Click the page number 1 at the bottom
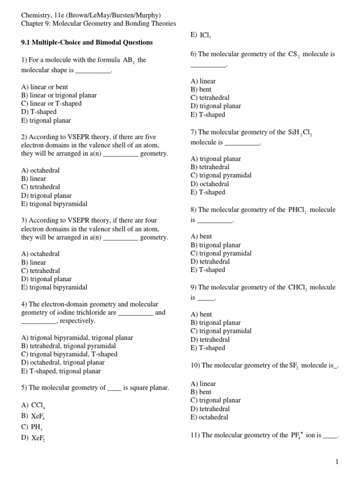337,462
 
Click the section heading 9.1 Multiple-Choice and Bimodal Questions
87,42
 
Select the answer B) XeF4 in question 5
33,416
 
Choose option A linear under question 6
203,81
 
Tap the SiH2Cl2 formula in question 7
300,133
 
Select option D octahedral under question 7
210,184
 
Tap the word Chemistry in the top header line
36,14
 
